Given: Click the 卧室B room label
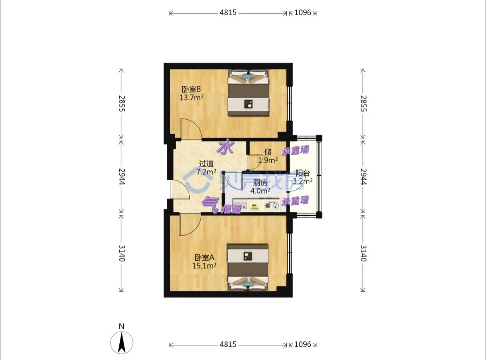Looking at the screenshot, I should click(191, 89).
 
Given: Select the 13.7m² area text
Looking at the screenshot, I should click(191, 97).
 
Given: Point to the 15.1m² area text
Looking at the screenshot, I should click(205, 266).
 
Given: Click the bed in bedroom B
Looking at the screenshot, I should click(249, 93).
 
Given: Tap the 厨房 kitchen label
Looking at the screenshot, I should click(261, 183).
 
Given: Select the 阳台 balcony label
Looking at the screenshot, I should click(303, 173).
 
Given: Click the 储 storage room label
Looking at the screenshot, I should click(268, 152).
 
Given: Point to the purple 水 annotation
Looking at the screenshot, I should click(226, 148).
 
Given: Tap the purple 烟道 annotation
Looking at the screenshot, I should click(231, 209).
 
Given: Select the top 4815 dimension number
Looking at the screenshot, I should click(228, 13).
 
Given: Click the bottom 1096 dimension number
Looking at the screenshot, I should click(302, 344).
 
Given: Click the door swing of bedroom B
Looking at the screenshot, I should click(190, 129).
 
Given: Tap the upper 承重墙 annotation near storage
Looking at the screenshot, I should click(295, 150).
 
